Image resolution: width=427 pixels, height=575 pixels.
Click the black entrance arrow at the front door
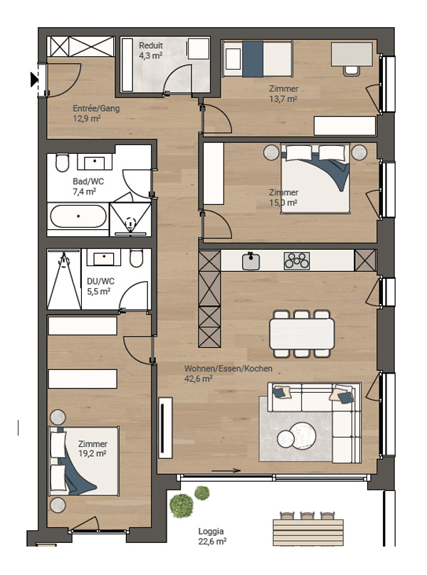pos(34,80)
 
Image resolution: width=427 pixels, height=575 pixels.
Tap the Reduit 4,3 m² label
pos(151,51)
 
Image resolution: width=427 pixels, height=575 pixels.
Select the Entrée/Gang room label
pos(96,109)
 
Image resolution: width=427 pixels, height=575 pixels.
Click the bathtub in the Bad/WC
pos(78,216)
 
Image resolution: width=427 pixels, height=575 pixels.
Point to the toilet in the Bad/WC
pos(63,162)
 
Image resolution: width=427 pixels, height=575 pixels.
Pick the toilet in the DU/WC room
pos(136,258)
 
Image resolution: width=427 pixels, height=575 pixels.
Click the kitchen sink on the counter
pos(251,261)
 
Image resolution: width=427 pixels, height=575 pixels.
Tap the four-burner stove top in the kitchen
pos(297,261)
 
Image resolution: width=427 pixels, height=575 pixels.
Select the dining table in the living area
pos(302,334)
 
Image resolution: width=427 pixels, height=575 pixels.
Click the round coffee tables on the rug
pos(297,435)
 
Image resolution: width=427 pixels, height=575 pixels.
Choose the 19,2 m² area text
pos(92,453)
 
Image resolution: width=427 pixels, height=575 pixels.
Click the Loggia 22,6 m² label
pos(212,536)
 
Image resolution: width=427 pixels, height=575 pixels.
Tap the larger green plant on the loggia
pos(181,506)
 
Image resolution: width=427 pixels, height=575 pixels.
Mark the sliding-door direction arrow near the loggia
pos(226,471)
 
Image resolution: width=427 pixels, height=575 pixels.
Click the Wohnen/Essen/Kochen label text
pos(228,369)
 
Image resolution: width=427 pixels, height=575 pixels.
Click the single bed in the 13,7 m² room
pos(258,59)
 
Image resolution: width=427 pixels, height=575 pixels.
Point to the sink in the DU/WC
pos(104,258)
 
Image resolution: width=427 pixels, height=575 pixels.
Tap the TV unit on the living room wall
pos(165,428)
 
